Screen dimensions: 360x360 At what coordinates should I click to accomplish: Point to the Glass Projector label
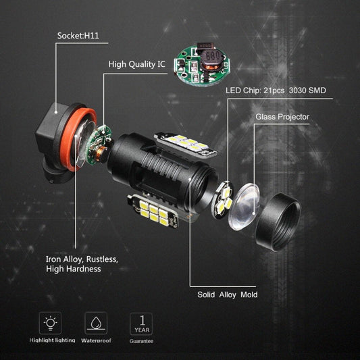(282, 117)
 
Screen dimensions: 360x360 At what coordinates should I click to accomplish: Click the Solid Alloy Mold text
(227, 294)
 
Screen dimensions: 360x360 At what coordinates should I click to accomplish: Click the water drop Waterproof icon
(95, 322)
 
